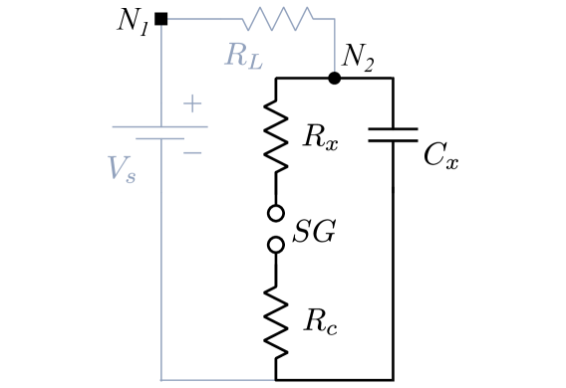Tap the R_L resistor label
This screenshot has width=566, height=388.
pos(243,56)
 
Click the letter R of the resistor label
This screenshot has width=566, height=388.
pos(235,54)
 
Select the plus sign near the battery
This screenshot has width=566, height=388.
pos(192,103)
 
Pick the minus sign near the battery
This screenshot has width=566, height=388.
pos(193,152)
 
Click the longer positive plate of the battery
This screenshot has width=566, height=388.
pos(159,126)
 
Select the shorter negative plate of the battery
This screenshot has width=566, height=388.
pos(159,138)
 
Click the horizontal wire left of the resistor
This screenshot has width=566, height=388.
pos(205,18)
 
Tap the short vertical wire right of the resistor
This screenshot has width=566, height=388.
pos(335,45)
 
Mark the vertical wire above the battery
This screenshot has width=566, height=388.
pos(160,75)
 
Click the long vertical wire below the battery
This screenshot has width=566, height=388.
pos(160,259)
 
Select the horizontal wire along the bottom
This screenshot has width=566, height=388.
pos(217,380)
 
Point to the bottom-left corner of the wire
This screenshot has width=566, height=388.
pos(160,380)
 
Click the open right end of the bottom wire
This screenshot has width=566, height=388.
pos(273,380)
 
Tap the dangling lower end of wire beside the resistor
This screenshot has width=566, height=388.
pos(335,71)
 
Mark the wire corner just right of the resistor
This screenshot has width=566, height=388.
pos(335,19)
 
